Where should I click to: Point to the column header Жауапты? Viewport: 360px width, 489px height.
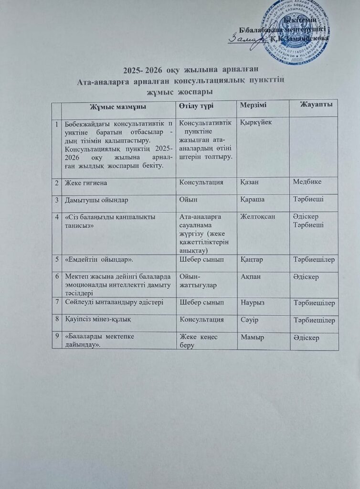(x=316, y=104)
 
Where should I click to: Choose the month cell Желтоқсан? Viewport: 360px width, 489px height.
(x=257, y=216)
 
